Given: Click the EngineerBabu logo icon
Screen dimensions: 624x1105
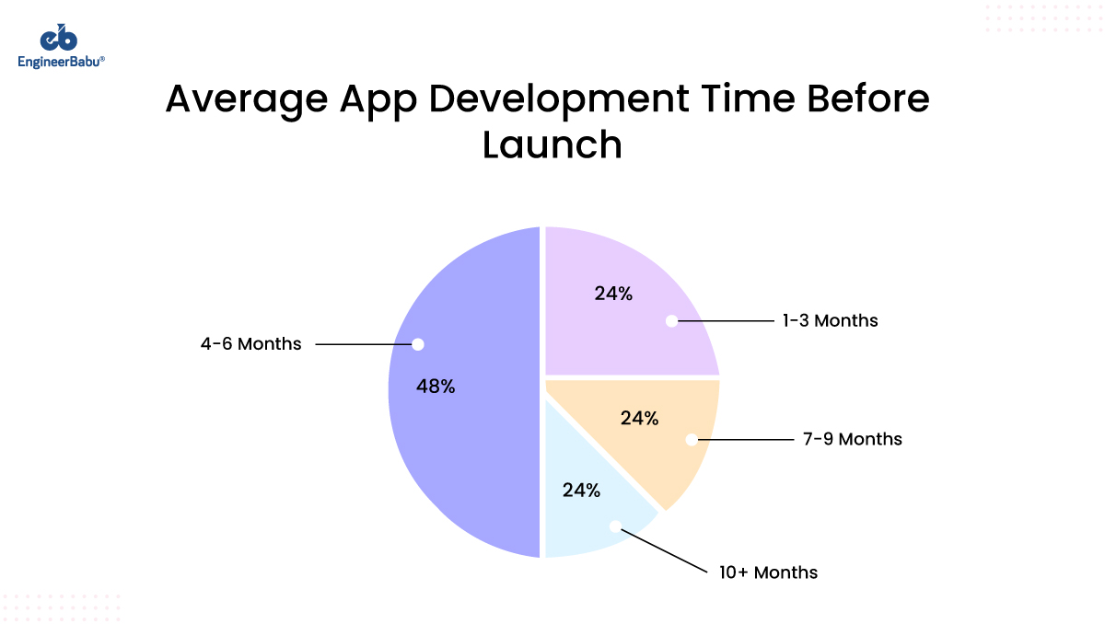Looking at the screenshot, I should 59,38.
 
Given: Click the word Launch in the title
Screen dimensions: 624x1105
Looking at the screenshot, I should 552,145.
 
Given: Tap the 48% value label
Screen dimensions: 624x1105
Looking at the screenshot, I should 436,387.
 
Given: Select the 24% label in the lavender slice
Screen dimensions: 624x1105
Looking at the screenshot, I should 613,295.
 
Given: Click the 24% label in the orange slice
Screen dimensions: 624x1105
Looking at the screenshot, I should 639,418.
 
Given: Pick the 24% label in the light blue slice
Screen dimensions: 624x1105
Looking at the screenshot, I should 581,490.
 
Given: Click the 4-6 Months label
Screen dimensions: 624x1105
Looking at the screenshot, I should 250,344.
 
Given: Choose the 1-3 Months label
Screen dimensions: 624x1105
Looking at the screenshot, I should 830,321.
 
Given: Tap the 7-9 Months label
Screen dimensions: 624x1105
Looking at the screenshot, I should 852,439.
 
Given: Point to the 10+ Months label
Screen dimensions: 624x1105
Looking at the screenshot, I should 768,572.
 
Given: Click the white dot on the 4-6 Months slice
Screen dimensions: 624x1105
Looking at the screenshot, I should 418,344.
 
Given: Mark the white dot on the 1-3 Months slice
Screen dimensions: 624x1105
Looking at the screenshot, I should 671,321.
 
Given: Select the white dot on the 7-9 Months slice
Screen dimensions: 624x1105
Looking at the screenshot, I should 691,440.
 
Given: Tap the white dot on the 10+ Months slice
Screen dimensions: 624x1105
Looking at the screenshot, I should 615,527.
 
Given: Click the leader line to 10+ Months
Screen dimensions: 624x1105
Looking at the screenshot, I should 663,549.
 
